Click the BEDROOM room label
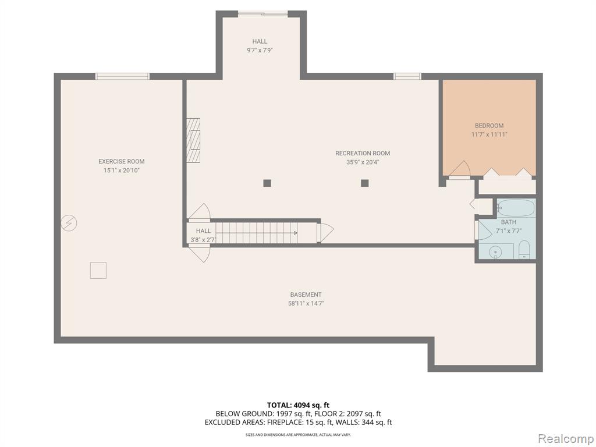pos(489,126)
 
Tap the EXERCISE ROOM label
pos(121,162)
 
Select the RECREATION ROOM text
pos(363,153)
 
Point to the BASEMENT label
pos(306,295)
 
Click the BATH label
pos(509,222)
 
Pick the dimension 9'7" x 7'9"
pos(260,50)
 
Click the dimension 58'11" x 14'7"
pos(306,303)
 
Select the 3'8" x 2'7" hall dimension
pos(203,239)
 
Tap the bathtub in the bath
pos(516,208)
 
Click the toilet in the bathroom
pos(524,249)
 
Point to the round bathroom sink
pos(496,251)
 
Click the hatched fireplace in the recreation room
pos(193,140)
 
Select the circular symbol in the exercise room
pos(69,223)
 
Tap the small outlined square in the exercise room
pos(98,270)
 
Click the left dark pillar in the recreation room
pos(267,183)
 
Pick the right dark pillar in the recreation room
pos(365,183)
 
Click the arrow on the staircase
pos(257,233)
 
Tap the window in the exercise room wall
pos(122,76)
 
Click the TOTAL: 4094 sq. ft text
pos(295,405)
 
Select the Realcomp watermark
pos(565,439)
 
